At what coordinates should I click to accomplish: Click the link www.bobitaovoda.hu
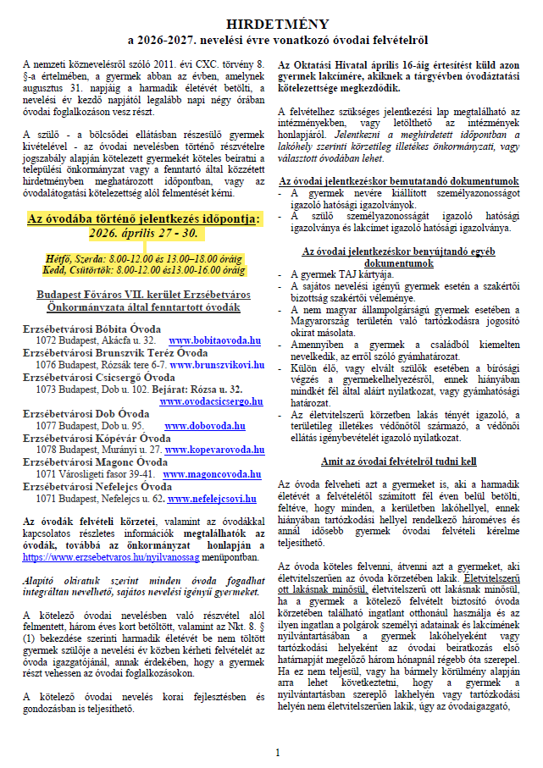click(x=215, y=340)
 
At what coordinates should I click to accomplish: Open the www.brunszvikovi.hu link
click(x=217, y=365)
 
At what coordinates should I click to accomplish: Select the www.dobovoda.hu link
click(x=204, y=425)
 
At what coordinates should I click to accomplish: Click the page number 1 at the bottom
click(x=277, y=751)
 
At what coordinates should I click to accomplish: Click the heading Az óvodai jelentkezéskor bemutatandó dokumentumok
click(x=398, y=181)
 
